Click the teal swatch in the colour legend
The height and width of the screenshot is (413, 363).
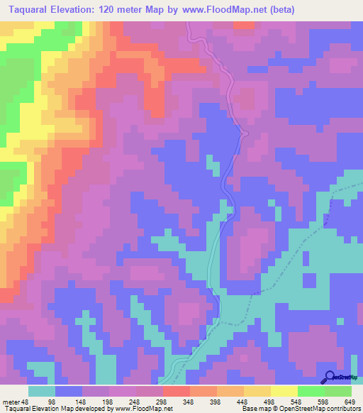(42, 391)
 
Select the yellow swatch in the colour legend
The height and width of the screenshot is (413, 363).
(284, 391)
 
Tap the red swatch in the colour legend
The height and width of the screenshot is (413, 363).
(176, 391)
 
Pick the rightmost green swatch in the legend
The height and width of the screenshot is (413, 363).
(338, 391)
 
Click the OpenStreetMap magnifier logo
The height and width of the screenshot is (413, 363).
(329, 377)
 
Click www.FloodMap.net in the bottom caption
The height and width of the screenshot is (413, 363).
(144, 409)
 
